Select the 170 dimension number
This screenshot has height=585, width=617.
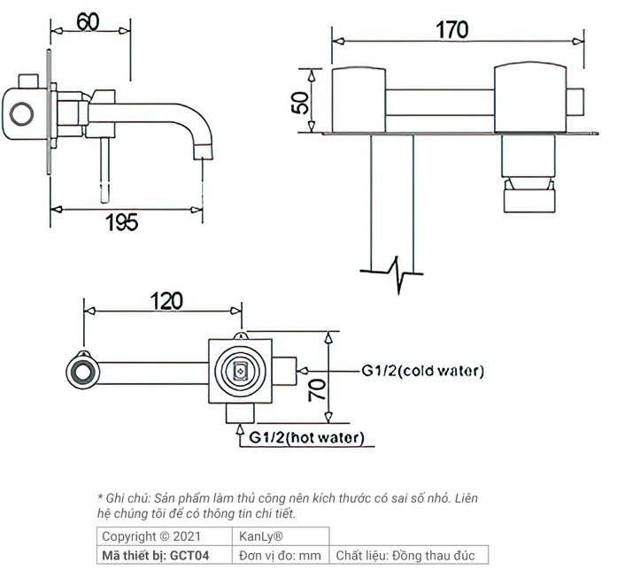coord(451,29)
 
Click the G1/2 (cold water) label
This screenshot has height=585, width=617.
coord(421,372)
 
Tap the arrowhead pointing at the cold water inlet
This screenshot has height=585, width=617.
coord(300,371)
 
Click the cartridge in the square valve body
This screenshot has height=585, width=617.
coord(240,371)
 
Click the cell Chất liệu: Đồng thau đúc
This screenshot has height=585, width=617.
coord(405,556)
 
